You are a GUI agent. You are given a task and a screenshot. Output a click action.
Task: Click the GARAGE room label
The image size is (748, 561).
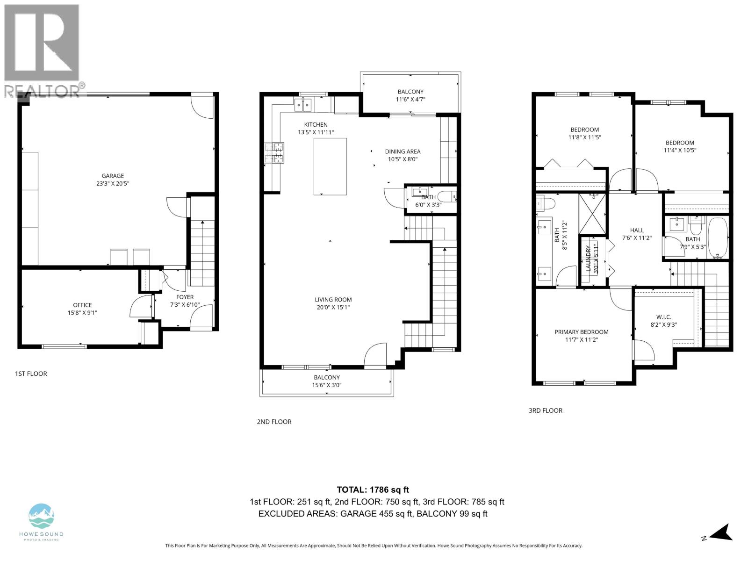(113, 180)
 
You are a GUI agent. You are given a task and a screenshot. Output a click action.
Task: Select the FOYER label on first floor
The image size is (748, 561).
(185, 297)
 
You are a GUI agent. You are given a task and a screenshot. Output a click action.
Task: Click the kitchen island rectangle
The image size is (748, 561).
(330, 166)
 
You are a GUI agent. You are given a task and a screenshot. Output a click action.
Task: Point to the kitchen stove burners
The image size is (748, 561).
(274, 153)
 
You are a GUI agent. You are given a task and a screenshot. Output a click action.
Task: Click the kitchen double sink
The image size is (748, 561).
(303, 105)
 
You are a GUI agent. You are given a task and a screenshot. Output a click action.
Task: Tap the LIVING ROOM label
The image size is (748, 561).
(333, 303)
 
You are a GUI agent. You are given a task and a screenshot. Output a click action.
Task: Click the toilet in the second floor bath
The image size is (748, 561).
(446, 196)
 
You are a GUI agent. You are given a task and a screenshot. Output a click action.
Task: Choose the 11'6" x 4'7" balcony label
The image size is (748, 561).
(410, 95)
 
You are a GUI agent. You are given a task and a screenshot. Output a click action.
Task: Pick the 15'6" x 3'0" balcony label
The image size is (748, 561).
(326, 381)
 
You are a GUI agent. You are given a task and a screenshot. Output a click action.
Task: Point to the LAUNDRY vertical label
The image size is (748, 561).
(589, 259)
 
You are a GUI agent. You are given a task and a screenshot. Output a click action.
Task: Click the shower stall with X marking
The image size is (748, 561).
(592, 214)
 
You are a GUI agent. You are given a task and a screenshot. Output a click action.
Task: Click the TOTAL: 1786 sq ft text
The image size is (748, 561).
(373, 489)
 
